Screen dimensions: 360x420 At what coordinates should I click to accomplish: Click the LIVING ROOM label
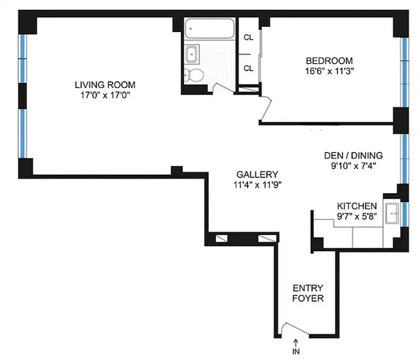[105, 85]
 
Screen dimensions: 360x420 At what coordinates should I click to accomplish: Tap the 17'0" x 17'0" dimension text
[105, 95]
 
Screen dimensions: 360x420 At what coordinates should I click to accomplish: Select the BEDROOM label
[329, 61]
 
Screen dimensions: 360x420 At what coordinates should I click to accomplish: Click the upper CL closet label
[248, 37]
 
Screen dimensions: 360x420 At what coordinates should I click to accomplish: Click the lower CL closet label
[248, 68]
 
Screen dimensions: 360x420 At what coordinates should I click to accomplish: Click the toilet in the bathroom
[194, 75]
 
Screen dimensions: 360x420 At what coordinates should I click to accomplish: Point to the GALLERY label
[257, 175]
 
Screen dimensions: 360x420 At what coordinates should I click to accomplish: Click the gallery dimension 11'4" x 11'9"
[257, 184]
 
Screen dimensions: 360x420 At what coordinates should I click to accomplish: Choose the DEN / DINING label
[353, 156]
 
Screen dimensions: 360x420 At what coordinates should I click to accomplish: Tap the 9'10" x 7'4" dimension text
[353, 166]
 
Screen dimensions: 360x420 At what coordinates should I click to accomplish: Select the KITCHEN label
[357, 206]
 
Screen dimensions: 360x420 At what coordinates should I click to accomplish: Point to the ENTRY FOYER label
[308, 293]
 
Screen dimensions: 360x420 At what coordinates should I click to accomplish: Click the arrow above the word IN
[296, 342]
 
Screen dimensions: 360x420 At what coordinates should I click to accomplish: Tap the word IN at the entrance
[296, 352]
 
